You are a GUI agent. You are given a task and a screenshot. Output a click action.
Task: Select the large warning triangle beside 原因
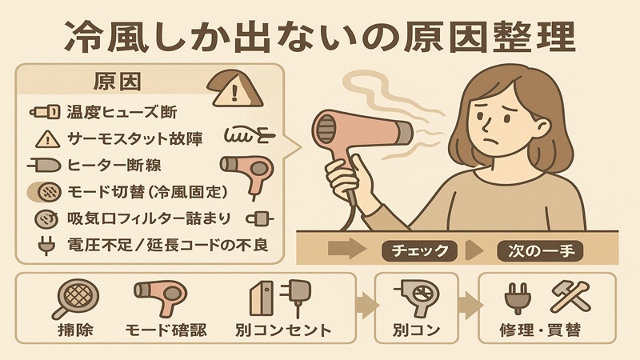[x=233, y=89]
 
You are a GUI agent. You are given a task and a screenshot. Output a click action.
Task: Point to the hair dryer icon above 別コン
[x=417, y=297]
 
